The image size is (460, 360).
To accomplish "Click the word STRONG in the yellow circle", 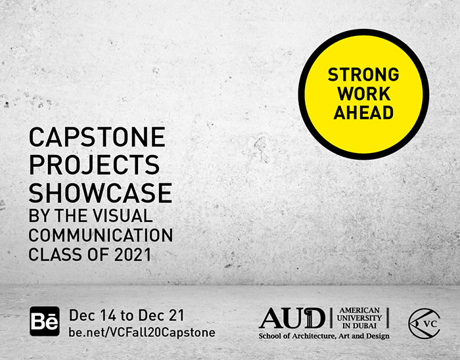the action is [363, 74].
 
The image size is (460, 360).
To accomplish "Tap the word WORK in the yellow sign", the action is [364, 94].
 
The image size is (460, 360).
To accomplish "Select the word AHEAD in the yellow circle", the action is [363, 112].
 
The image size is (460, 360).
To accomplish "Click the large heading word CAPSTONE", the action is [97, 137].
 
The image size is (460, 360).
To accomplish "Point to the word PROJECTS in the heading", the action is [94, 165].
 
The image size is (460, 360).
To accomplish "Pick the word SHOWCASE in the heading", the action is [101, 192].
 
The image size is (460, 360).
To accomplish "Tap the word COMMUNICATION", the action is [101, 235].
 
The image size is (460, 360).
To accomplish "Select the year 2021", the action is [133, 254].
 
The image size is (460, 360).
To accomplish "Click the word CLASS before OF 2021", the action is [55, 254].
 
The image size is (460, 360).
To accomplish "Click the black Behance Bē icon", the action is [45, 321].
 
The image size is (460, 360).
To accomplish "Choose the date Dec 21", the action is [162, 315].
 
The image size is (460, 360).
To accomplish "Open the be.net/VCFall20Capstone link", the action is [142, 332].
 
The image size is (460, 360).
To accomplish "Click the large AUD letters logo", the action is [292, 318].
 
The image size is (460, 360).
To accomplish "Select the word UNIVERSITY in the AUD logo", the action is [359, 318].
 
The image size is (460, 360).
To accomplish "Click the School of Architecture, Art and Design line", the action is [324, 336].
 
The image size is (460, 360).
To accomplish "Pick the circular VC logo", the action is [425, 323].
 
